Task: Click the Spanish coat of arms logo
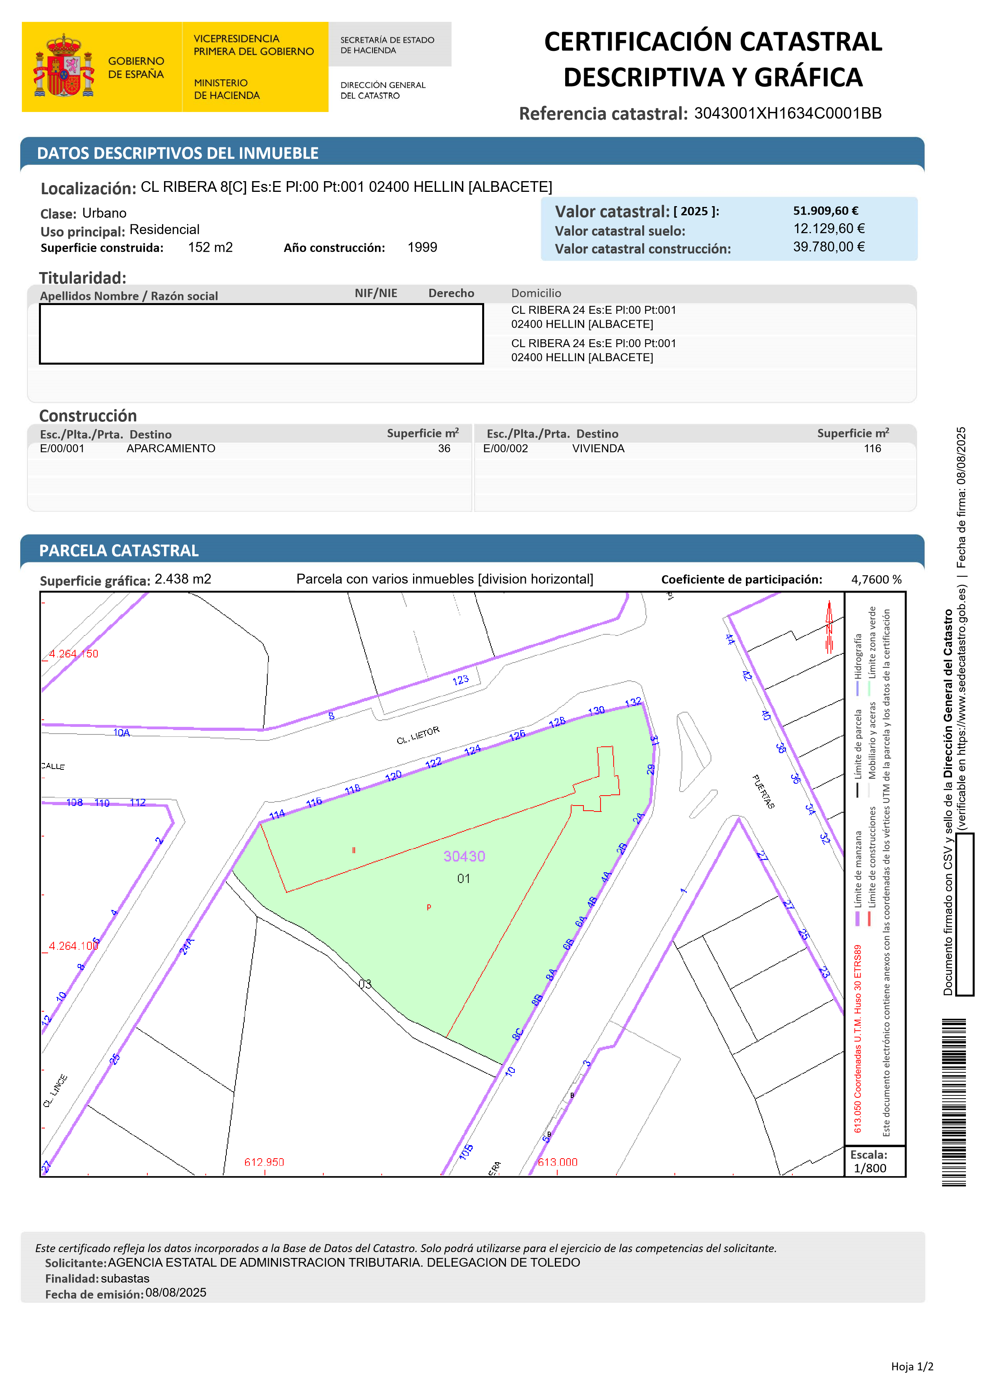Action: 64,67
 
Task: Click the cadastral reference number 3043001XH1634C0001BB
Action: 787,113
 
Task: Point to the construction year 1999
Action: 422,247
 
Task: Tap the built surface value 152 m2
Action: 210,247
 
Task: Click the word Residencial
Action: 164,230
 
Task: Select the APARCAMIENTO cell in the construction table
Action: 171,448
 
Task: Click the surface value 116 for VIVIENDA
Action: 872,448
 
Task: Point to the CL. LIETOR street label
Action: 418,736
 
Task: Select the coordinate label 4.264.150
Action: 73,654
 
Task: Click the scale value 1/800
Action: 870,1168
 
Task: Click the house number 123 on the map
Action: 460,680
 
